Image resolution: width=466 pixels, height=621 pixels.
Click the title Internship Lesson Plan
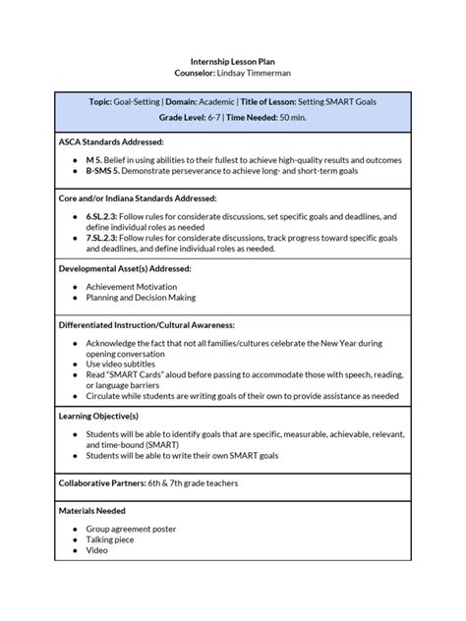coord(233,59)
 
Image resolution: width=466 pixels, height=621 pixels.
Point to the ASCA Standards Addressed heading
coord(111,142)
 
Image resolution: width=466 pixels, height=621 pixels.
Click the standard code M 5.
coord(95,158)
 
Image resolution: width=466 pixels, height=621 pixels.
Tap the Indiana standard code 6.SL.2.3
coord(105,214)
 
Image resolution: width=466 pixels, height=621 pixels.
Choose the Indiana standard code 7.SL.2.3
coord(105,237)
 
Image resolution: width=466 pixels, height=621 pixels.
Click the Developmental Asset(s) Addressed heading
coord(124,268)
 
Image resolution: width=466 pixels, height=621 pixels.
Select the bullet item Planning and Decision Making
coord(141,297)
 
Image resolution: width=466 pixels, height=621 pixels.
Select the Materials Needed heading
coord(92,511)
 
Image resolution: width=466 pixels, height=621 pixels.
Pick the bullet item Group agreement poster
coord(131,529)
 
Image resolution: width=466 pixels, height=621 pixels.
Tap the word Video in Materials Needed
coord(96,551)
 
